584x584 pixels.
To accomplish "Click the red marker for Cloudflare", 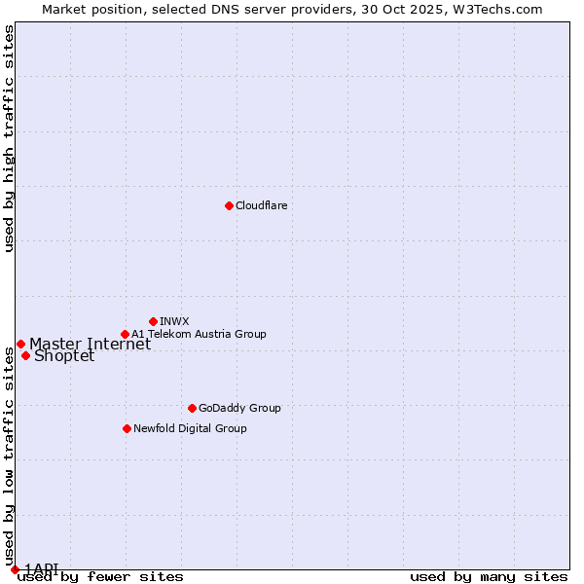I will coord(229,205).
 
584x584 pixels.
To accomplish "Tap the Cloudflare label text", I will coord(261,206).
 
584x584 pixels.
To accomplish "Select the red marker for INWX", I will coord(153,321).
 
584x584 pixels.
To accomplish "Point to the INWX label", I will coord(174,322).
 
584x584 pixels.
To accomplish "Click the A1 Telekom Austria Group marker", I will coord(125,334).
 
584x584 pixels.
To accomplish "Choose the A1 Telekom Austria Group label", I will coord(199,335).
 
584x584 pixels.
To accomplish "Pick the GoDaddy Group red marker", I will coord(192,408).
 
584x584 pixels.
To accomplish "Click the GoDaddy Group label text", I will coord(239,409).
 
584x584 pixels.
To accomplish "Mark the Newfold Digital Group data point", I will coord(127,428).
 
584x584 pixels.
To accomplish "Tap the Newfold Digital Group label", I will coord(190,429).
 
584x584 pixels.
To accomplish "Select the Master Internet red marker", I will coord(20,344).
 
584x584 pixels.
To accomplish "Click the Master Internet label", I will coord(90,345).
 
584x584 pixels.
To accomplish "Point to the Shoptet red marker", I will coord(25,355).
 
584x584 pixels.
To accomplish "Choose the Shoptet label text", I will coord(64,356).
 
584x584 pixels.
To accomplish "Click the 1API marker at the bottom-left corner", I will coord(15,569).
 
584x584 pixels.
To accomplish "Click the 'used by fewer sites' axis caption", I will coord(100,577).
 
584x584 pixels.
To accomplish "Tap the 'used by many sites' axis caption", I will coord(489,577).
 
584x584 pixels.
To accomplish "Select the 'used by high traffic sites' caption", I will coord(9,138).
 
